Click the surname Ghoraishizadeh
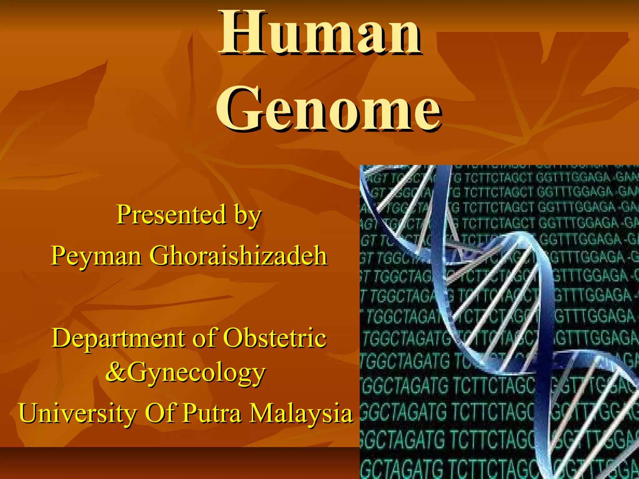238,256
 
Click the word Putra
212,414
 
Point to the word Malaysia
302,414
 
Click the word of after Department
204,338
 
